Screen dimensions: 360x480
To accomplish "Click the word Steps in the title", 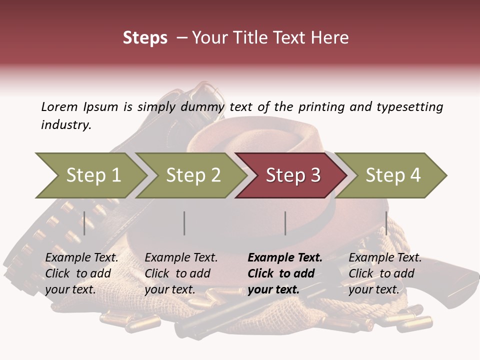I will click(x=145, y=38).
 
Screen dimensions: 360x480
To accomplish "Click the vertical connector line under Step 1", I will click(x=84, y=223).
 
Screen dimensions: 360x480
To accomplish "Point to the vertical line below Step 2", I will click(x=184, y=223).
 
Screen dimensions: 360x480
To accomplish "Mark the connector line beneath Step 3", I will click(x=285, y=223).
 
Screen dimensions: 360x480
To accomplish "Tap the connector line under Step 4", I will click(x=386, y=223).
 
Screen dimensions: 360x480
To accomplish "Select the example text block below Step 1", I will click(x=82, y=273).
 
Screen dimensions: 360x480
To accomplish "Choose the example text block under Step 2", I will click(x=181, y=273).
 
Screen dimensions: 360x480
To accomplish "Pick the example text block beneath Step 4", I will click(x=385, y=273).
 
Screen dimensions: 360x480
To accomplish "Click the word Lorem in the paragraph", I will click(x=59, y=106).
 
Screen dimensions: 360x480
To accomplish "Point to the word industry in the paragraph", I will click(x=66, y=125).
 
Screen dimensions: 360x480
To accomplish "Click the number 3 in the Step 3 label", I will click(x=314, y=175).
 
